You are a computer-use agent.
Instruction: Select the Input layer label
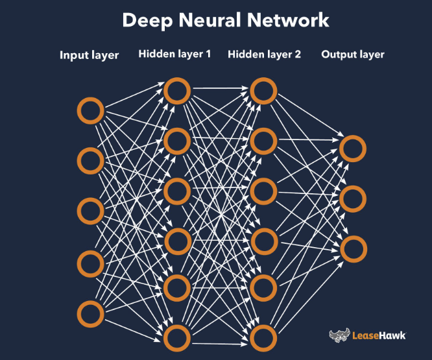click(x=90, y=55)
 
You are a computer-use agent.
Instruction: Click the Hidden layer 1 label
click(x=174, y=54)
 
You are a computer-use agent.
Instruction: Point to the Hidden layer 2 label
click(x=264, y=54)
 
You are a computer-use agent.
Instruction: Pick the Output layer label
click(x=353, y=54)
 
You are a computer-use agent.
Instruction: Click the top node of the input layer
click(x=90, y=111)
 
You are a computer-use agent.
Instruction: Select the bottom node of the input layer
click(x=90, y=314)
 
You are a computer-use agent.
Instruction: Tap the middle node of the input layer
click(x=90, y=211)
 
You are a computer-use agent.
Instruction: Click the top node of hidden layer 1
click(x=176, y=91)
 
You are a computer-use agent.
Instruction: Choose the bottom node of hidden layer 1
click(x=176, y=338)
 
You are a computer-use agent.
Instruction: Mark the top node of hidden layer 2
click(x=263, y=91)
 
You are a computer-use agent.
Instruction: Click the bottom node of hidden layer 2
click(x=263, y=338)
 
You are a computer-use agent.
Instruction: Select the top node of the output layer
click(x=352, y=149)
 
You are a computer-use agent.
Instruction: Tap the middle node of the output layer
click(x=352, y=199)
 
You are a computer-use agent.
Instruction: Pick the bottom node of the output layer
click(x=352, y=250)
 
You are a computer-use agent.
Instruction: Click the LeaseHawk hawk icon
click(x=339, y=335)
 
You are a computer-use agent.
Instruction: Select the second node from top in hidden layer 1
click(x=176, y=140)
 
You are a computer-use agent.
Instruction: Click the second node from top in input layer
click(x=90, y=160)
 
